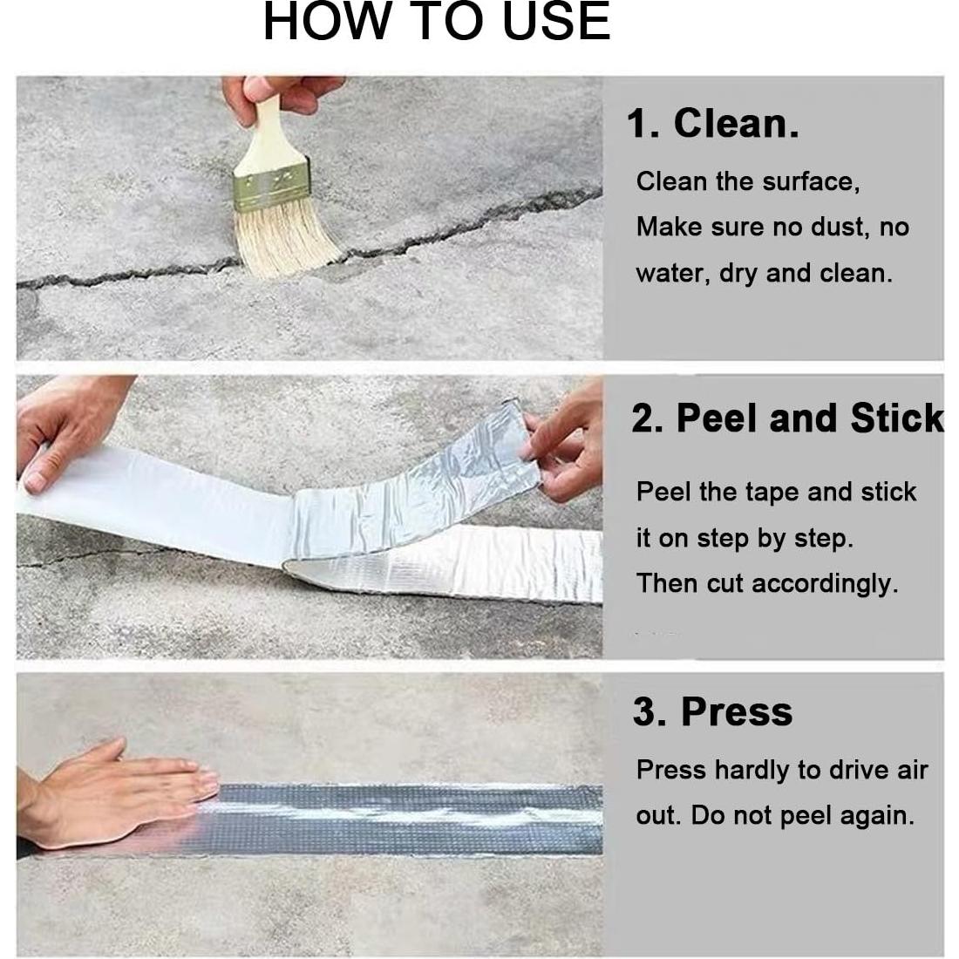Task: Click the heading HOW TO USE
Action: click(x=436, y=22)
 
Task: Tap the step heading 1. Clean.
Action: click(x=711, y=123)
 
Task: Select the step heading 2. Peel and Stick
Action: click(x=787, y=418)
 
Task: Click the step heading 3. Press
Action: click(x=712, y=711)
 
